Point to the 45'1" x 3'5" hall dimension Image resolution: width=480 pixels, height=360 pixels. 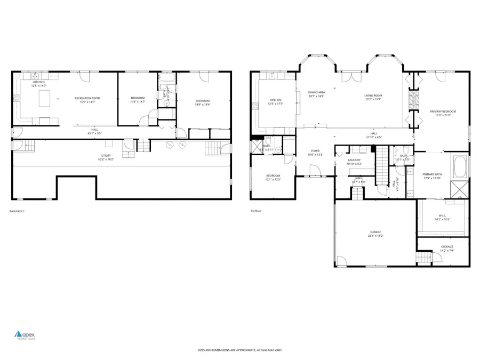(x=94, y=133)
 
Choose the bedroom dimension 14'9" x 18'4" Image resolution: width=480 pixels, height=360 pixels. (x=203, y=105)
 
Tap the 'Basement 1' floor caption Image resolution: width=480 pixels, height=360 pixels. (x=17, y=211)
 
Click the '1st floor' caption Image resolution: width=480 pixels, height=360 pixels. (x=256, y=211)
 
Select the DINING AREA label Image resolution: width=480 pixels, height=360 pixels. (x=316, y=92)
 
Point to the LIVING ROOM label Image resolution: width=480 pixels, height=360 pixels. (x=373, y=95)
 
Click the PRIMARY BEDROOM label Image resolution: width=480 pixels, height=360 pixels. (x=443, y=111)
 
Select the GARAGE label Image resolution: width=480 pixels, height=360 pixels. (x=375, y=232)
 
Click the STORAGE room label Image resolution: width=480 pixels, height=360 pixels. (x=446, y=246)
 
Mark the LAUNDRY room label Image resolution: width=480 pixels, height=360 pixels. (x=354, y=160)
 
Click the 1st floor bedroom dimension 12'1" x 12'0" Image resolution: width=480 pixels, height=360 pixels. (x=273, y=179)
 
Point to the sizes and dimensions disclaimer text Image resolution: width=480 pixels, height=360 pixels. (x=239, y=350)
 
